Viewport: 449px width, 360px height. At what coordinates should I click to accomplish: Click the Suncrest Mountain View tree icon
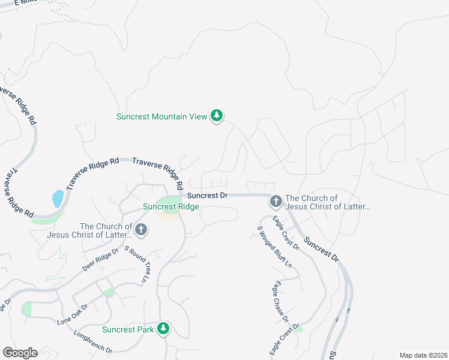[217, 116]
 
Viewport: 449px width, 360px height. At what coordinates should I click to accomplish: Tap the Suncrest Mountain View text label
[161, 116]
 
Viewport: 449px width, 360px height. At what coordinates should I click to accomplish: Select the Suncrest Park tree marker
[163, 329]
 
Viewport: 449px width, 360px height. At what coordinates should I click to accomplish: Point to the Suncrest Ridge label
[170, 207]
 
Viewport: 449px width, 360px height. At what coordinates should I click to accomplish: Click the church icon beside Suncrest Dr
[276, 201]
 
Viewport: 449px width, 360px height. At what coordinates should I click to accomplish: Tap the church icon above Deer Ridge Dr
[141, 229]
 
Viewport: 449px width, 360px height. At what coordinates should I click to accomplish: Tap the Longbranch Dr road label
[93, 341]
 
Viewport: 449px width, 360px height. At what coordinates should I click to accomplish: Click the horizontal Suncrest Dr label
[207, 196]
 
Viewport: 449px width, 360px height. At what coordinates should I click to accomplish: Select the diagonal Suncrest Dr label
[321, 248]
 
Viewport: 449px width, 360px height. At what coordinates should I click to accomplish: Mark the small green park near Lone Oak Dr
[108, 292]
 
